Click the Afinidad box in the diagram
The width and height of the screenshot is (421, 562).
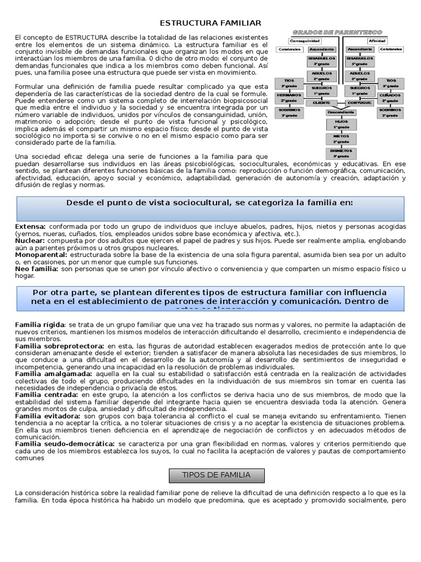coord(377,41)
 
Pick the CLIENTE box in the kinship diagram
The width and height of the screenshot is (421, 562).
coord(321,103)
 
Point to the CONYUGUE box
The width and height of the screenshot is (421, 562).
coord(359,103)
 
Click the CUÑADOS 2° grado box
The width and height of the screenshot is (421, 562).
coord(390,98)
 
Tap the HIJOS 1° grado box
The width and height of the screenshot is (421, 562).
coord(341,123)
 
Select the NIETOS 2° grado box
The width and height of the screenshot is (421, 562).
coord(341,138)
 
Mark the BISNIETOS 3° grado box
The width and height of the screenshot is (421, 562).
coord(341,153)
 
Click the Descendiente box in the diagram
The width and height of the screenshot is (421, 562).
coord(341,112)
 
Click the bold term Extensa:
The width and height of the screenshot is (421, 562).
coord(31,226)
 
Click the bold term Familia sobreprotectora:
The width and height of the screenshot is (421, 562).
coord(59,346)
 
